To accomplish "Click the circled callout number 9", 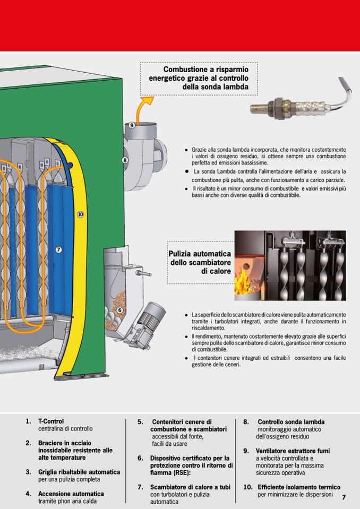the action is (132, 125).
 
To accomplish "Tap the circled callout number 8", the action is (125, 160).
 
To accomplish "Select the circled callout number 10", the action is (80, 214).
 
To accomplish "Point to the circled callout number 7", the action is (58, 249).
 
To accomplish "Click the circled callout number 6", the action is (120, 310).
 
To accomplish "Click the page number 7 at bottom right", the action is (344, 497).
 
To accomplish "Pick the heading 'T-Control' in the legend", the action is (51, 421).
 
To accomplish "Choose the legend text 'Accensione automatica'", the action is (71, 494).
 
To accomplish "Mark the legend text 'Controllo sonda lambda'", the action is (291, 422).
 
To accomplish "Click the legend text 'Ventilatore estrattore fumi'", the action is (293, 451).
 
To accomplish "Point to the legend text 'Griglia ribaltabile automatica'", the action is (79, 472).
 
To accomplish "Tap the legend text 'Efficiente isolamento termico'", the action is (299, 487).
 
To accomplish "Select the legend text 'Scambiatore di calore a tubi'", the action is (190, 487).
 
